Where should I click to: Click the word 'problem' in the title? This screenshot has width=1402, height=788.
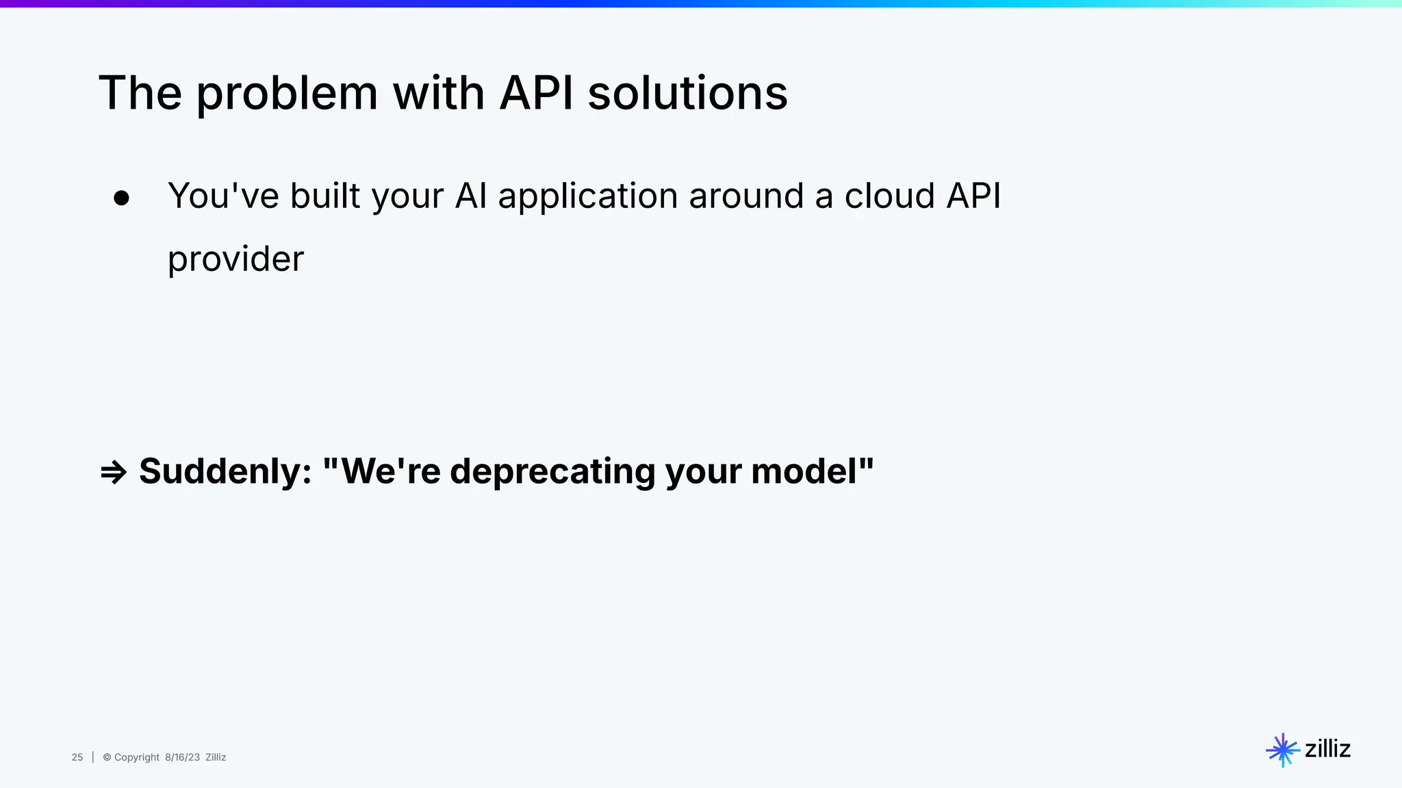287,94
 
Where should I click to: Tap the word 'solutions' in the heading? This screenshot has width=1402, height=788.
687,93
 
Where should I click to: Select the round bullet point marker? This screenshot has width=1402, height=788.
121,198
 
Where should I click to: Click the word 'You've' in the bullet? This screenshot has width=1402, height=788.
223,196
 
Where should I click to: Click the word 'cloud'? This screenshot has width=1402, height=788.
889,196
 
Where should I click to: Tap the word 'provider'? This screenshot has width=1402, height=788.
235,259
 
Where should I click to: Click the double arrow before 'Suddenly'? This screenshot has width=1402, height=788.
114,472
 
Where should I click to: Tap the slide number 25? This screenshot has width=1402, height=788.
77,757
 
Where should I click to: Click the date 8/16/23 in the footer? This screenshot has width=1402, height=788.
182,757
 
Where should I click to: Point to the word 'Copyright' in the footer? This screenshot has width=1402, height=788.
136,757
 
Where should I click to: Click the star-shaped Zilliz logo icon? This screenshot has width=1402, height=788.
1282,750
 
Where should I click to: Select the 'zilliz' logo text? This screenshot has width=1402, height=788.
1327,749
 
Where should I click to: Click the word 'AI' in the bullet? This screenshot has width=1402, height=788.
471,196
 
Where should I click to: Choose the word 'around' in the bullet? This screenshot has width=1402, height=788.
745,196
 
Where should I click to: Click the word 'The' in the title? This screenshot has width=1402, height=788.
140,93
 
